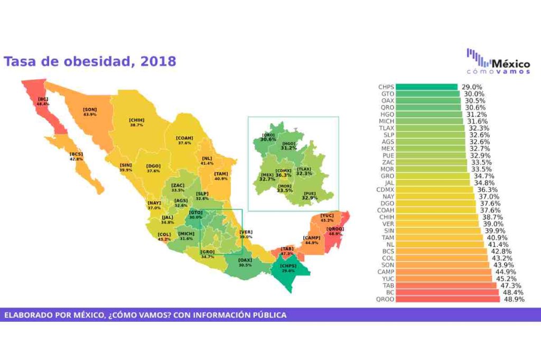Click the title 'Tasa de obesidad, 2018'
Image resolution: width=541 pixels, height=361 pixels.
point(90,61)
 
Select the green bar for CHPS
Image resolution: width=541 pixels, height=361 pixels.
point(426,87)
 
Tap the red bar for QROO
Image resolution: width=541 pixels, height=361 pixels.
point(447,299)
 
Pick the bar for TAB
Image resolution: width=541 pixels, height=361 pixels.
point(445,285)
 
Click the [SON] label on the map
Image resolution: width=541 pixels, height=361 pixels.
point(90,109)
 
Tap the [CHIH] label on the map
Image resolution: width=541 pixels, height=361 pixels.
point(137,120)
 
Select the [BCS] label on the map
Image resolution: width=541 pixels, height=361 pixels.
point(76,154)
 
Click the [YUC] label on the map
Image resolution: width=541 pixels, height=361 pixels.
point(327,216)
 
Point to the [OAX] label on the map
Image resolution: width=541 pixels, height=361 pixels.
point(245,260)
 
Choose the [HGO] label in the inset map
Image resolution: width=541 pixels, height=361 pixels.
point(288,143)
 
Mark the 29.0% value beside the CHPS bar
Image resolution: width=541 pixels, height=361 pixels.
point(471,87)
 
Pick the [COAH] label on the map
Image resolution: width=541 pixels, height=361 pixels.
point(184,138)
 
